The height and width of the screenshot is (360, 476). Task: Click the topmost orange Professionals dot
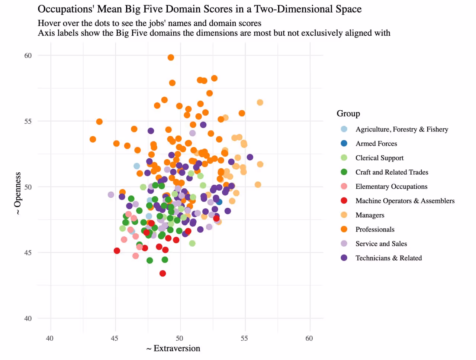(171, 57)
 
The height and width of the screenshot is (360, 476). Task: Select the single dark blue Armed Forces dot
(219, 202)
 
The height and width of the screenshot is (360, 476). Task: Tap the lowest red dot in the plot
(163, 273)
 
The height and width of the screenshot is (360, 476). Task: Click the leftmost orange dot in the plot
(93, 139)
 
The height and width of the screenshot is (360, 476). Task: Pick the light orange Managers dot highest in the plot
(260, 103)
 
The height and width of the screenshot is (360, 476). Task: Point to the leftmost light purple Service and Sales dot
(111, 195)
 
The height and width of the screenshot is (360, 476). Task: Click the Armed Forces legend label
(376, 144)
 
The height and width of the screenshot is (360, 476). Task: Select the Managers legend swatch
(344, 215)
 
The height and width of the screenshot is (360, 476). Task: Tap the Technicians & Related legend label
(388, 258)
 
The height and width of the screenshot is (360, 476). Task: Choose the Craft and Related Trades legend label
(392, 172)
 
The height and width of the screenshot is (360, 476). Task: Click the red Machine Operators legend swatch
(344, 201)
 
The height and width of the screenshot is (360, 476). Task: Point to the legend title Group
(348, 114)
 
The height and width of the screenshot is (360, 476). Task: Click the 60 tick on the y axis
(28, 56)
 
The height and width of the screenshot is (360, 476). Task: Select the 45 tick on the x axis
(115, 338)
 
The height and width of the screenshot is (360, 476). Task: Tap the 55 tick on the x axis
(244, 338)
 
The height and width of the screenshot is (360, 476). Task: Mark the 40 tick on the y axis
(28, 318)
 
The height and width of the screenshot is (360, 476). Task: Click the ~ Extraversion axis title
(173, 348)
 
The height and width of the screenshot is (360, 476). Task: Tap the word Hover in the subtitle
(48, 23)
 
